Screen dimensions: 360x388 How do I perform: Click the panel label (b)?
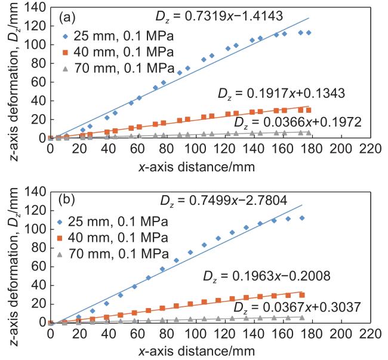click(x=67, y=198)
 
